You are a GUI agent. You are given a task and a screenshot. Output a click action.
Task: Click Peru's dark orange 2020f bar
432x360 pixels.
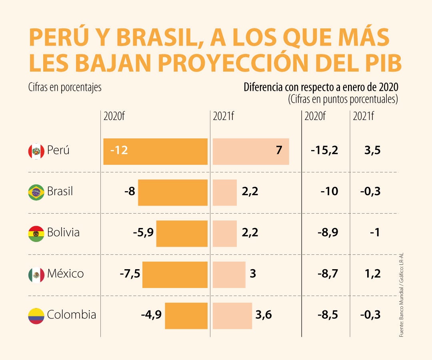155,152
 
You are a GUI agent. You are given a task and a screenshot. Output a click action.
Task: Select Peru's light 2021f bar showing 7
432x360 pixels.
251,152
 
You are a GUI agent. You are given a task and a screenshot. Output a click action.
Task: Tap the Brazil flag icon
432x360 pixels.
36,192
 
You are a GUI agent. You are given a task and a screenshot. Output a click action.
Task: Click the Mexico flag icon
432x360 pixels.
36,275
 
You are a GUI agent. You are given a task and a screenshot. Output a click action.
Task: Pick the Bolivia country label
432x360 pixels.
63,232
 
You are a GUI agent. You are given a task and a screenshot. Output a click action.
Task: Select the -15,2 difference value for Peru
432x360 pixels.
324,151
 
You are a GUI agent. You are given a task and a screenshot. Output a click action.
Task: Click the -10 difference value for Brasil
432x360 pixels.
329,192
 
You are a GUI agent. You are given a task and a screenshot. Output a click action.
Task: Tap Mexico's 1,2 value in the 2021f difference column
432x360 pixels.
372,274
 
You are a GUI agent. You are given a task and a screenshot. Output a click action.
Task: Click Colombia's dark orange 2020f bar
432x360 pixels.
186,316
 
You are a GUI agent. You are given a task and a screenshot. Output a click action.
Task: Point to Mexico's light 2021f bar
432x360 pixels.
229,275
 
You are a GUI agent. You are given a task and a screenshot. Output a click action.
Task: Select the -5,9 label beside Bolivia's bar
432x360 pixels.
143,233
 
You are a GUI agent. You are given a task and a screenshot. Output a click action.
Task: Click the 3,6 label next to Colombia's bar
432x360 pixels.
263,315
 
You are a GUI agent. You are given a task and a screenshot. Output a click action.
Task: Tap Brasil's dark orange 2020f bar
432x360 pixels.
173,192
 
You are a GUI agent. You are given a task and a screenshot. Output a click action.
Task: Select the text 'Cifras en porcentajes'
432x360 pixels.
65,88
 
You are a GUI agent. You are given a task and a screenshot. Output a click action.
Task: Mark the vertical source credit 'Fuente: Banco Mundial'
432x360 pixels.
401,316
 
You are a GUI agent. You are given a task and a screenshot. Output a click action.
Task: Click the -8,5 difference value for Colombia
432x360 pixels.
328,315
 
